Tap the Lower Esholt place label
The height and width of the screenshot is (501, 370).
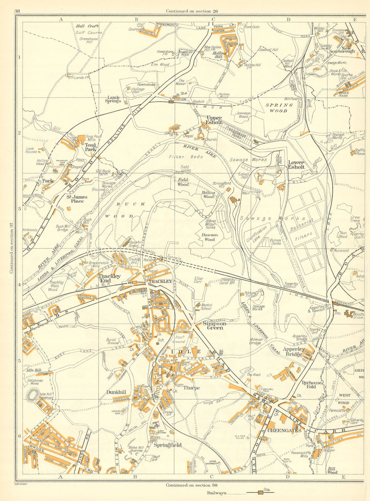click(x=296, y=164)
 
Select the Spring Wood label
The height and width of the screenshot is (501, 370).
click(x=279, y=108)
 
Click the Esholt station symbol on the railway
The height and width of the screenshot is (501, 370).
click(x=171, y=102)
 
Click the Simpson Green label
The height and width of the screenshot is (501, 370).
click(x=213, y=325)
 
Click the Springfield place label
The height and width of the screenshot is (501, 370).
click(x=167, y=446)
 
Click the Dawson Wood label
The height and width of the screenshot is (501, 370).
click(x=209, y=237)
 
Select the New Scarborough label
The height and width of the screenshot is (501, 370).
click(x=343, y=50)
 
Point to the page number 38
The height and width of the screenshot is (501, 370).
click(x=17, y=11)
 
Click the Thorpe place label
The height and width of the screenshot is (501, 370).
click(x=192, y=388)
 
